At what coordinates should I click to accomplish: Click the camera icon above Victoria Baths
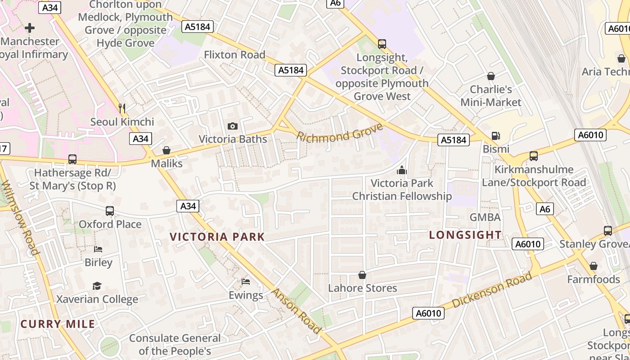point(232,126)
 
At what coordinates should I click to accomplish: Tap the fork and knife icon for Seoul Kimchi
point(121,108)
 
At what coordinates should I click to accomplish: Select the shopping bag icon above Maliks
point(166,150)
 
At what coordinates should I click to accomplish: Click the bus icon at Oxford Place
point(109,211)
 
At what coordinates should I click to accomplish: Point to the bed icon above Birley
point(98,249)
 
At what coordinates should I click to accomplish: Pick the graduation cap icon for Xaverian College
point(97,286)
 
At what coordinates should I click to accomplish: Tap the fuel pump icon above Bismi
point(495,135)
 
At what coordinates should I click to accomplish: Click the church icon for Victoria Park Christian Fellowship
point(401,170)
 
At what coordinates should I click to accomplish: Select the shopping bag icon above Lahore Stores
point(362,274)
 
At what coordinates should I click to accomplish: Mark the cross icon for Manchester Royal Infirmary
point(30,28)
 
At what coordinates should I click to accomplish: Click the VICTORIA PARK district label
point(217,237)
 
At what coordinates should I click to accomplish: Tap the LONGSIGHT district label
point(465,234)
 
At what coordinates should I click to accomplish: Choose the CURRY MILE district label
point(58,324)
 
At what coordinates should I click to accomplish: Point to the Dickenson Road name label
point(491,290)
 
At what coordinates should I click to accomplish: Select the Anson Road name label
point(296,311)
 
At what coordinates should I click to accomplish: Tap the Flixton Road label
point(234,55)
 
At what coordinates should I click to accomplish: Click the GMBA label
point(485,217)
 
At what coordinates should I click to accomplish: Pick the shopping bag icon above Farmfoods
point(593,266)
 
